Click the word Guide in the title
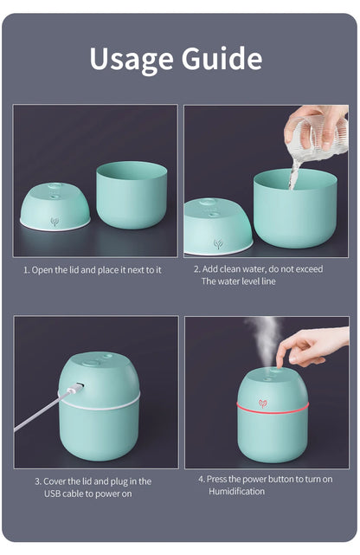click(222, 58)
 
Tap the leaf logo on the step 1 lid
click(55, 221)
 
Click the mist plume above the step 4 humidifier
click(263, 338)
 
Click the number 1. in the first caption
click(26, 270)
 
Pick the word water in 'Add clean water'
click(257, 269)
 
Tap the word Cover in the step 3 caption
click(57, 481)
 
